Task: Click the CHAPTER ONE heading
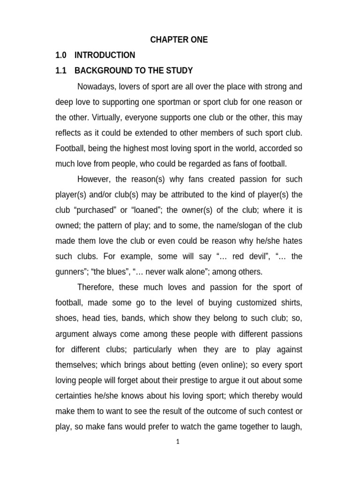tap(179, 40)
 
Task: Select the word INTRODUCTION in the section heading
tap(105, 55)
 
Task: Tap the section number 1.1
tap(61, 71)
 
